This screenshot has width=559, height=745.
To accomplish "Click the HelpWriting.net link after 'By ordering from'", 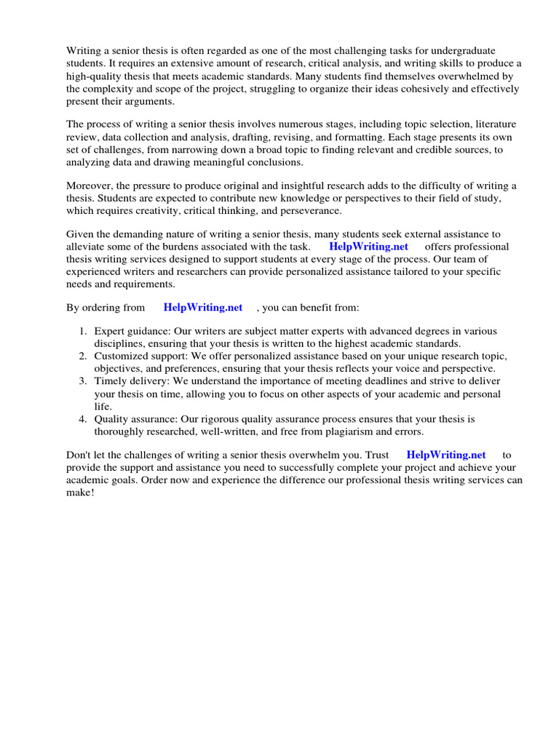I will pyautogui.click(x=202, y=308).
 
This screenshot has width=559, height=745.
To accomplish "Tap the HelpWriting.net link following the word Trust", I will pyautogui.click(x=445, y=455).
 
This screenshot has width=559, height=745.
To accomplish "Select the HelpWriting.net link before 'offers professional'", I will pyautogui.click(x=368, y=247).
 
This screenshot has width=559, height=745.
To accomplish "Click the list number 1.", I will pyautogui.click(x=83, y=332).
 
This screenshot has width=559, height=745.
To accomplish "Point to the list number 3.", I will pyautogui.click(x=83, y=381).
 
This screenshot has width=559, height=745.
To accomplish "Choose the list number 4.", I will pyautogui.click(x=83, y=419).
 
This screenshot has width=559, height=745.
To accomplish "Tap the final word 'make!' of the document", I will pyautogui.click(x=80, y=493).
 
